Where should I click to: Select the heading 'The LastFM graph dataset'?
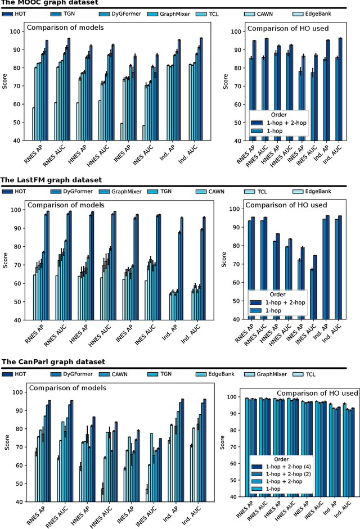pyautogui.click(x=51, y=180)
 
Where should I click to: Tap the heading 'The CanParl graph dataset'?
pyautogui.click(x=52, y=361)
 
